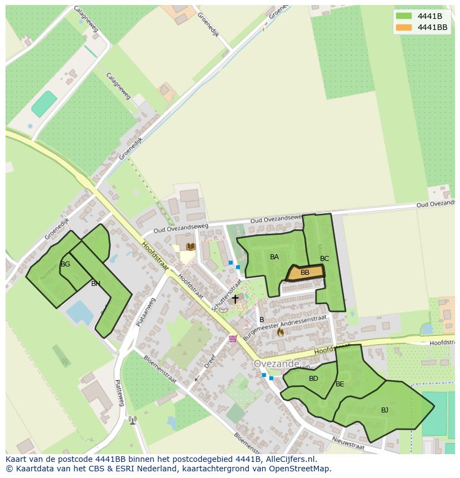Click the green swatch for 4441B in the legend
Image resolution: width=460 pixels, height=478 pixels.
(404, 16)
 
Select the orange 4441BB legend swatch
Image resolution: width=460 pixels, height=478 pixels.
(404, 27)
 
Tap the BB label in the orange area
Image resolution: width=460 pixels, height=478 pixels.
(305, 273)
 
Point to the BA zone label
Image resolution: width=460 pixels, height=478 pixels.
(274, 257)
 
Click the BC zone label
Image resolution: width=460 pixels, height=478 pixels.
(324, 259)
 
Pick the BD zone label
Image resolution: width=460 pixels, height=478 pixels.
(313, 379)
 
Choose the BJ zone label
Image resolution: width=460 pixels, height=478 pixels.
(384, 410)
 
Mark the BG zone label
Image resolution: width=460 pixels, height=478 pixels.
(65, 264)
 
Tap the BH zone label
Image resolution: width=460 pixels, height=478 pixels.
(96, 284)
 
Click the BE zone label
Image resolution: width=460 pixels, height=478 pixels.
(340, 384)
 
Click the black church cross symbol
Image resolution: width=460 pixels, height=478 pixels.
(235, 299)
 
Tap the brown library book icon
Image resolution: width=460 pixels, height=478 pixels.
(191, 246)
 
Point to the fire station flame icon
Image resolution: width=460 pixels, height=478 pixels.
(280, 332)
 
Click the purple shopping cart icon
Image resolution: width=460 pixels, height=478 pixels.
(233, 338)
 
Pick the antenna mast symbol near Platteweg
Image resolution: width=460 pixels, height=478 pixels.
(132, 420)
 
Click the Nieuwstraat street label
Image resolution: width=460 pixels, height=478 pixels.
(348, 442)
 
